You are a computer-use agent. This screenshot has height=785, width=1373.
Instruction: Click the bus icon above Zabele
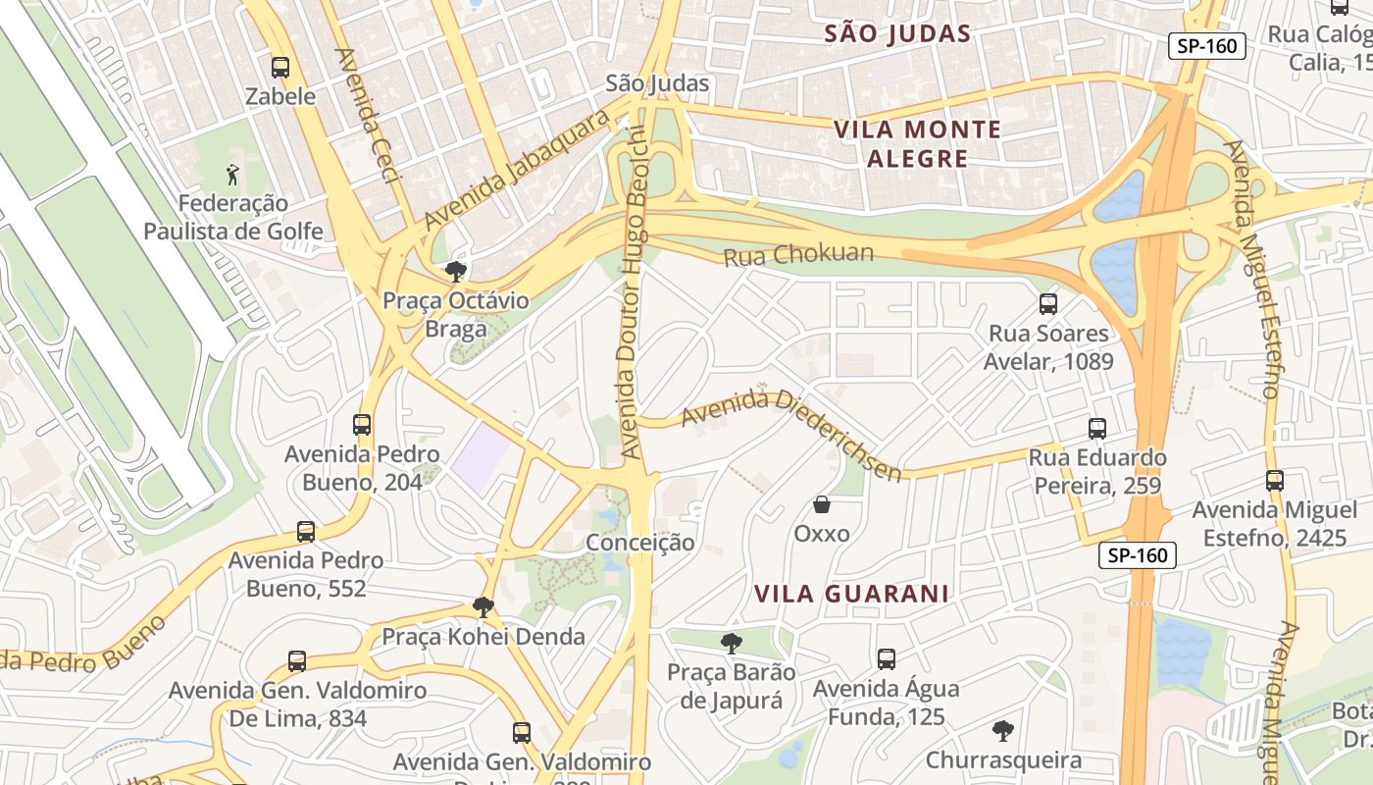pyautogui.click(x=280, y=68)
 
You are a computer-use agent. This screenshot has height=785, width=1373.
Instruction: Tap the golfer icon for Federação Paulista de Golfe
pyautogui.click(x=232, y=175)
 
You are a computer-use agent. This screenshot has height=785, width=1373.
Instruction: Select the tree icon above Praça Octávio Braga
pyautogui.click(x=455, y=272)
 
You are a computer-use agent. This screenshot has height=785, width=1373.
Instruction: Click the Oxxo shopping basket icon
pyautogui.click(x=822, y=505)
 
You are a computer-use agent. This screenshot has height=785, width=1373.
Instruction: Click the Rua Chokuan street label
pyautogui.click(x=798, y=255)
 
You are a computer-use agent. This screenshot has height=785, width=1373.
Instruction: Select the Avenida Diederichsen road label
pyautogui.click(x=790, y=433)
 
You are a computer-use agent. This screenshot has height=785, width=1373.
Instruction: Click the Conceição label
pyautogui.click(x=640, y=543)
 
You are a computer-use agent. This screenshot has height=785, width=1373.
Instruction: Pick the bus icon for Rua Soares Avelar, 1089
pyautogui.click(x=1048, y=304)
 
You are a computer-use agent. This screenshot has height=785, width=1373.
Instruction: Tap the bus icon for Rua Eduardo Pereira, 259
pyautogui.click(x=1097, y=429)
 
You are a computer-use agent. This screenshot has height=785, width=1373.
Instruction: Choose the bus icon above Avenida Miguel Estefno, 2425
pyautogui.click(x=1275, y=481)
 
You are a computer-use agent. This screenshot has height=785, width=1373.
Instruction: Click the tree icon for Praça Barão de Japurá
pyautogui.click(x=731, y=644)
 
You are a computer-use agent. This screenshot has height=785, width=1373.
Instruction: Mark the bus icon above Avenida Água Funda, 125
pyautogui.click(x=887, y=659)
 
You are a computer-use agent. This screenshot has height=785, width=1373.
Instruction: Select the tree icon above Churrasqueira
pyautogui.click(x=1002, y=731)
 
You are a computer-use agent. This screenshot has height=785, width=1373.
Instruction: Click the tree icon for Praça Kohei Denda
pyautogui.click(x=483, y=607)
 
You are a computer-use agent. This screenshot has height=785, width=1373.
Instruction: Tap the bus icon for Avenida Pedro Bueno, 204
pyautogui.click(x=362, y=425)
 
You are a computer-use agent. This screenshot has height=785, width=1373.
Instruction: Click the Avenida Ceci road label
pyautogui.click(x=368, y=115)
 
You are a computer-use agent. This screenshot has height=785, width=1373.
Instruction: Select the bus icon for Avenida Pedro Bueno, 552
pyautogui.click(x=306, y=532)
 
